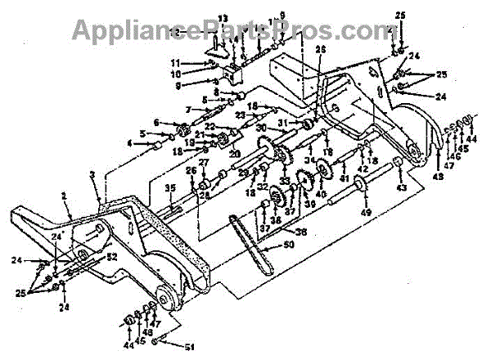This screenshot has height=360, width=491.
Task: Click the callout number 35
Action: click(169, 189)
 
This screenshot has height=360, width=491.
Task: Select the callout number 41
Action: click(344, 178)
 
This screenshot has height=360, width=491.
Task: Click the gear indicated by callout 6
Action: click(182, 127)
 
